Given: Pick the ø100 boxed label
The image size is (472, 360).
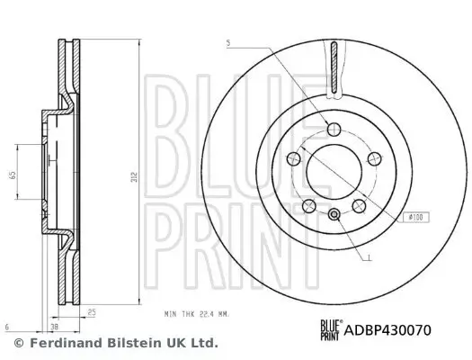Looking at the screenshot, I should coord(416,216).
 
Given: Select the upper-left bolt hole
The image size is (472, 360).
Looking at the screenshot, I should coord(291,158).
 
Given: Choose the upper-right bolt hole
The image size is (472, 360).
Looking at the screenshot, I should coord(377,158).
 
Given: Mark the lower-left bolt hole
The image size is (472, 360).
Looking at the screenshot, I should coord(307,203).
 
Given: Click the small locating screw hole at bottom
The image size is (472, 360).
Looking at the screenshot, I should coord(334,213).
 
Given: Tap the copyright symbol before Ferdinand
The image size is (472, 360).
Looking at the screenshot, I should coord(19,343).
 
